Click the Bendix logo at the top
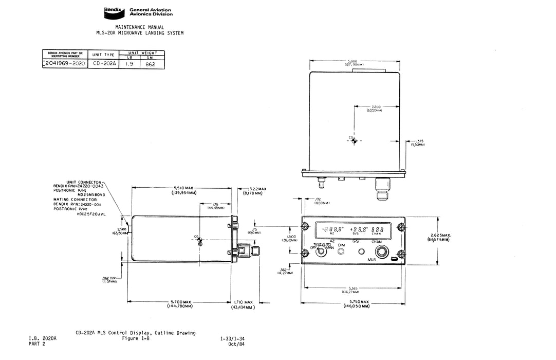(113, 10)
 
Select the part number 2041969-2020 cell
(65, 64)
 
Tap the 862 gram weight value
(151, 65)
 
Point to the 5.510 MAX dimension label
(183, 188)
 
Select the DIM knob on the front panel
(341, 252)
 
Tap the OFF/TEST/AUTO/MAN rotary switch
(322, 252)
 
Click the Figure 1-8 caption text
(135, 338)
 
